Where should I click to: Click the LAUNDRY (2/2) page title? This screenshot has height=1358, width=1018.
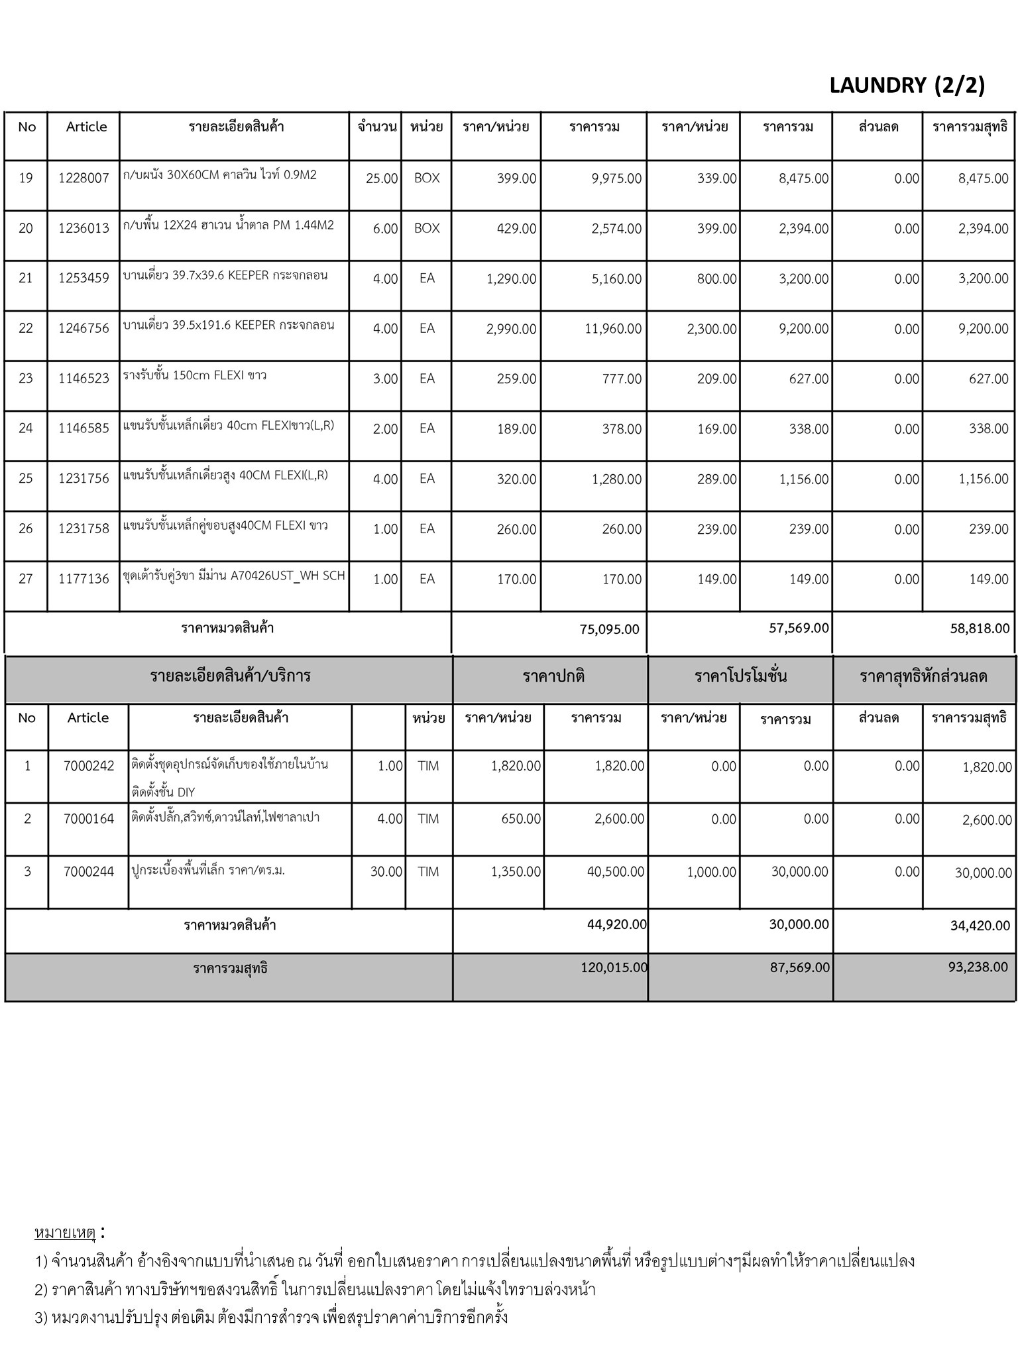coord(907,86)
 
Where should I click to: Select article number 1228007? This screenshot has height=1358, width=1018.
coord(84,178)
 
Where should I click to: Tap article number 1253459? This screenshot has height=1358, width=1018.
coord(84,278)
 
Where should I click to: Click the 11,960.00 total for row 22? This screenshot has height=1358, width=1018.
coord(612,329)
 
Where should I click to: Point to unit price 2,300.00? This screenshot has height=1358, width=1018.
coord(711,329)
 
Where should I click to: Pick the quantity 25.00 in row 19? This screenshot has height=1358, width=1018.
coord(382,179)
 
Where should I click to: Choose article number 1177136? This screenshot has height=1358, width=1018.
coord(84,580)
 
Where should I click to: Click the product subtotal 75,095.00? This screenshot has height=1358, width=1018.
coord(609,629)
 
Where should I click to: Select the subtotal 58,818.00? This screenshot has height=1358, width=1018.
coord(980,629)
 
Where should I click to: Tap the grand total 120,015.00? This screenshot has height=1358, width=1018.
coord(614,967)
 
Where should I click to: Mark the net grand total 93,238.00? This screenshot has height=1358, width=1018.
coord(978,967)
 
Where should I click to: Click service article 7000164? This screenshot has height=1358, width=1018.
coord(89,819)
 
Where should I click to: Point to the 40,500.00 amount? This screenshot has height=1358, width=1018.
coord(615,872)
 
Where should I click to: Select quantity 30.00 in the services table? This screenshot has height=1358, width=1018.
coord(386,872)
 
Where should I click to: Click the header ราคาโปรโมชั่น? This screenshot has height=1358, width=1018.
coord(740,677)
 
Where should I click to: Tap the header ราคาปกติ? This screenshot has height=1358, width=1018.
coord(553,677)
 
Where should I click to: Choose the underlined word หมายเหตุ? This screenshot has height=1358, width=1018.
coord(65,1233)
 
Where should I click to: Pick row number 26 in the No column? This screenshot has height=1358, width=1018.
coord(26,529)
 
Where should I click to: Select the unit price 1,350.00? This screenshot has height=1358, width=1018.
coord(516,872)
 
